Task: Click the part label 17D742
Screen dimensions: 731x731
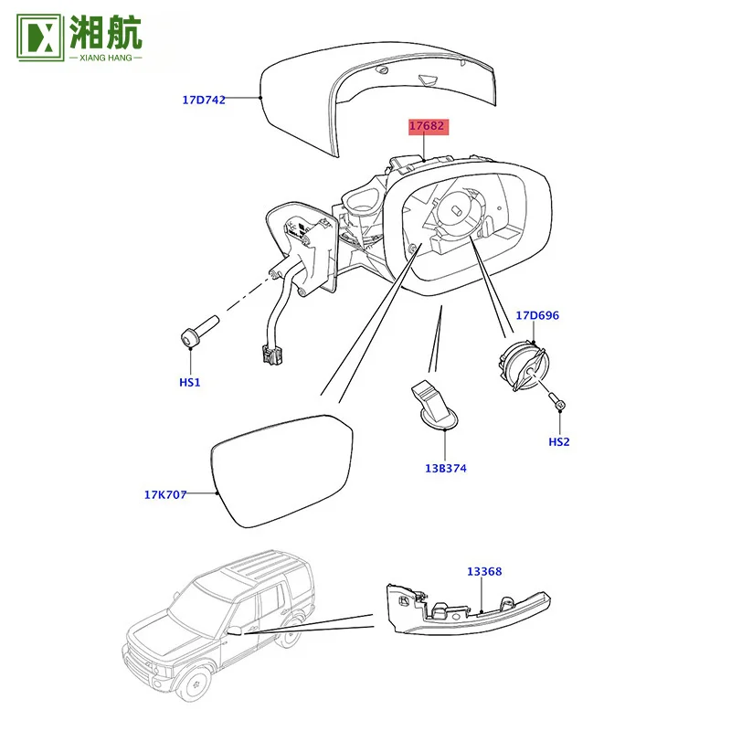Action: click(x=204, y=100)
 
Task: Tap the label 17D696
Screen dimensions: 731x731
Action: click(x=537, y=315)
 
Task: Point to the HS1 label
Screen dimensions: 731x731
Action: click(x=190, y=382)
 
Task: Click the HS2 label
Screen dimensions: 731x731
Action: click(x=559, y=442)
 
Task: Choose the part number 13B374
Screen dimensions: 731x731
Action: click(x=446, y=468)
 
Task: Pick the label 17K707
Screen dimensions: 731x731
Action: click(x=165, y=494)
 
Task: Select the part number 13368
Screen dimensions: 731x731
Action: click(x=484, y=572)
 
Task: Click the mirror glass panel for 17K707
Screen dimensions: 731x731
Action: click(x=282, y=471)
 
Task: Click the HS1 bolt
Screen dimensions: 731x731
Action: click(x=198, y=331)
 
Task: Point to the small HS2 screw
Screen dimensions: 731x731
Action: click(x=556, y=400)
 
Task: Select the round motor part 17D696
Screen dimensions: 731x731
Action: click(x=524, y=365)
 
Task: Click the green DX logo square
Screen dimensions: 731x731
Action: click(x=39, y=37)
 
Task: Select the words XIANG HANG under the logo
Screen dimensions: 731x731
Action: click(x=106, y=58)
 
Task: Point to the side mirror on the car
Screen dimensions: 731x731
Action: click(x=235, y=630)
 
